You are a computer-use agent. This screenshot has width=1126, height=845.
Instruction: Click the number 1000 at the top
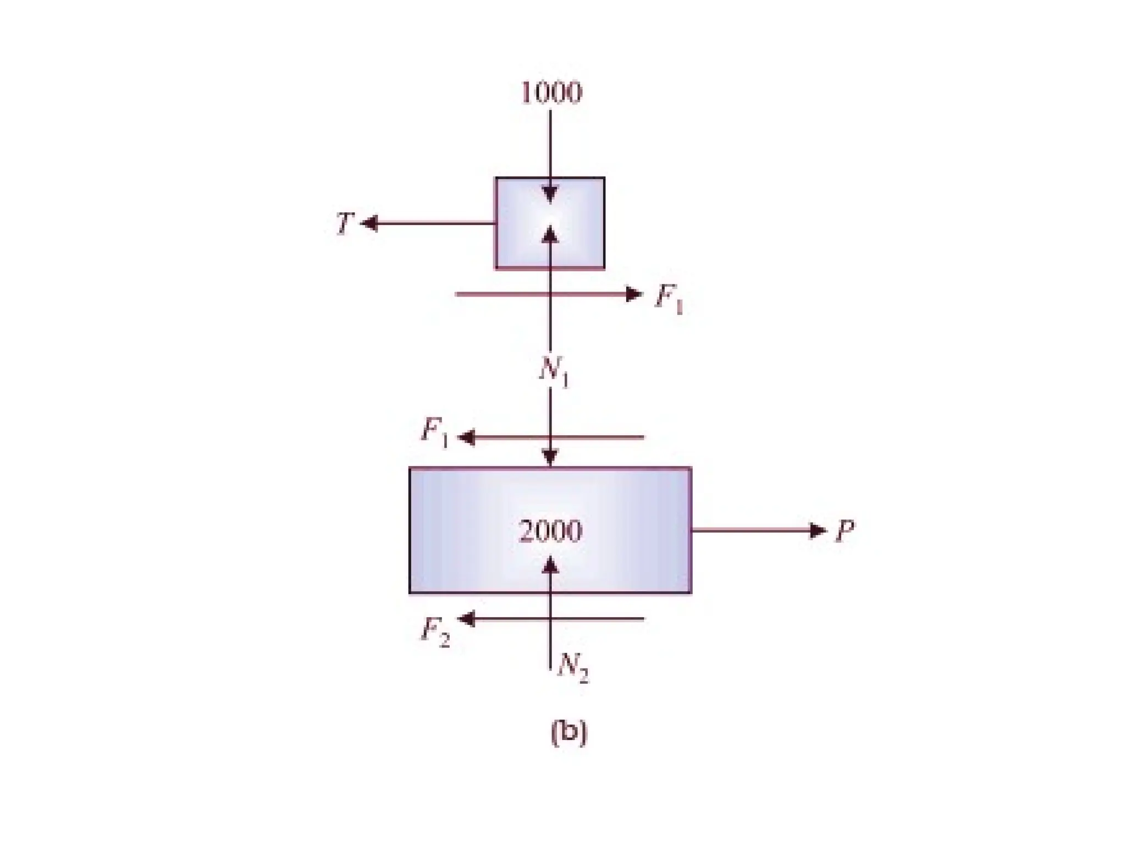tap(550, 92)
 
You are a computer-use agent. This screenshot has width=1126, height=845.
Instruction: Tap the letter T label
tap(344, 223)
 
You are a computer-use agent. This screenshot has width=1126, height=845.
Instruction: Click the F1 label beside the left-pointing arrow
tap(435, 432)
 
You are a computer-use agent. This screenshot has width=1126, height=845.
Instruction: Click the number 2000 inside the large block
tap(550, 531)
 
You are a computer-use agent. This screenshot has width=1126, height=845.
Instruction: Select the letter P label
tap(844, 531)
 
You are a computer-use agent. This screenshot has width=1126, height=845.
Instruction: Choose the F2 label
tap(435, 632)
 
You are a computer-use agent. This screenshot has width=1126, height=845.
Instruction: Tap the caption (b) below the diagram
tap(569, 732)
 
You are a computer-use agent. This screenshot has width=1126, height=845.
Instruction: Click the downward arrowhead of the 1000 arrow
tap(550, 195)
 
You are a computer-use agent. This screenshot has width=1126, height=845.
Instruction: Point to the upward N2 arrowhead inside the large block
tap(550, 565)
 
